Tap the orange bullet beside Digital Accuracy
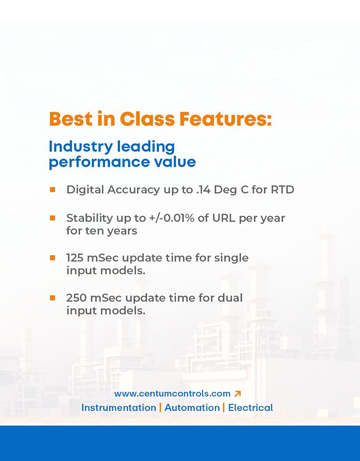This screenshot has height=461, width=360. pyautogui.click(x=52, y=189)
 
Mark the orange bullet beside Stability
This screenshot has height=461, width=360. pyautogui.click(x=52, y=218)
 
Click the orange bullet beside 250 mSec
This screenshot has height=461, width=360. pyautogui.click(x=52, y=297)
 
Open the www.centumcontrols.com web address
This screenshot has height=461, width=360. pyautogui.click(x=172, y=394)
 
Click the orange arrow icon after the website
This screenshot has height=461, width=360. pyautogui.click(x=237, y=394)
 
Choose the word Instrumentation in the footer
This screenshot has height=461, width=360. pyautogui.click(x=119, y=408)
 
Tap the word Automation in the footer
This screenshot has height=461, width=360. pyautogui.click(x=192, y=408)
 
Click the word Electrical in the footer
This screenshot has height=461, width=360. pyautogui.click(x=251, y=408)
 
